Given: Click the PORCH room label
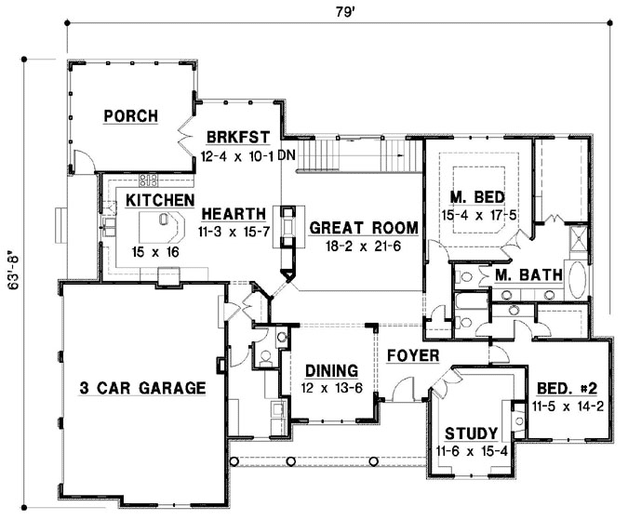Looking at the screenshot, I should (x=131, y=116).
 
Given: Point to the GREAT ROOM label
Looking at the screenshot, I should (x=362, y=226).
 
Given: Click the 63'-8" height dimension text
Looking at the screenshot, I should (x=11, y=271).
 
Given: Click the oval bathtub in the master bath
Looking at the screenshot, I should (x=577, y=278).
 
